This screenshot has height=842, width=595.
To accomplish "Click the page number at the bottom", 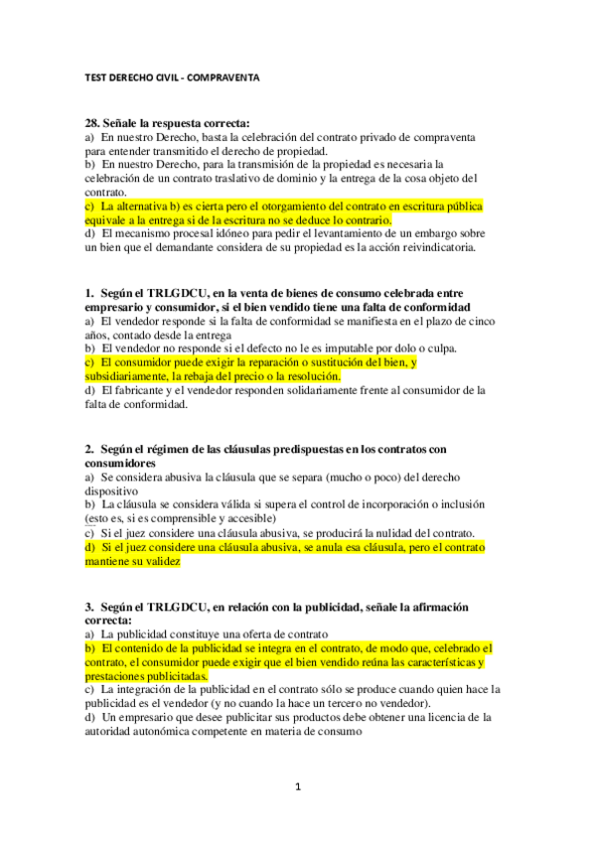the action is [x=297, y=787].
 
